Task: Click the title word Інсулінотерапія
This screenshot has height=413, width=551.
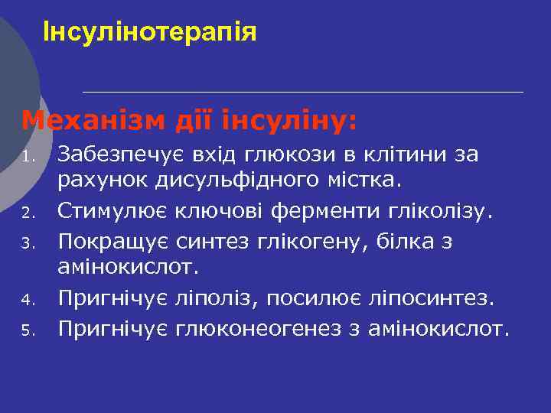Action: [x=150, y=33]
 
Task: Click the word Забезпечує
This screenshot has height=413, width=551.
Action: [x=116, y=155]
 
